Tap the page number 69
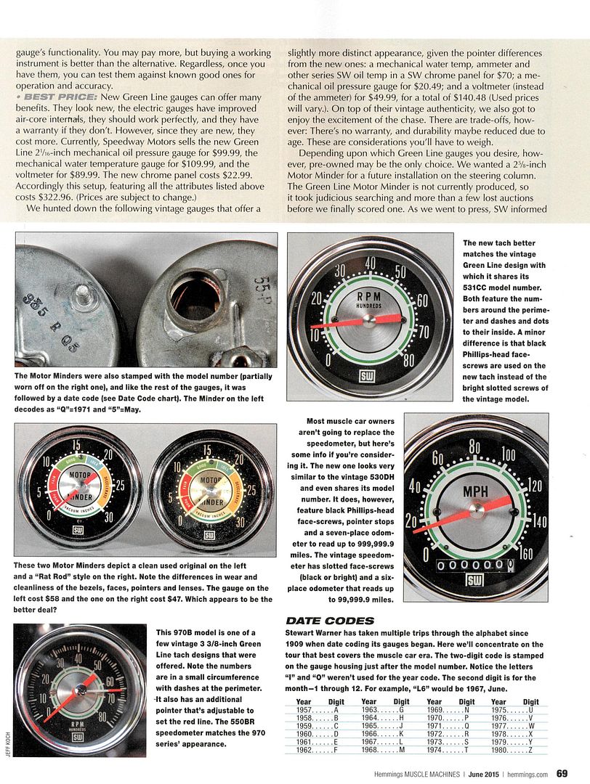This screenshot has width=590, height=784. tap(562, 772)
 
